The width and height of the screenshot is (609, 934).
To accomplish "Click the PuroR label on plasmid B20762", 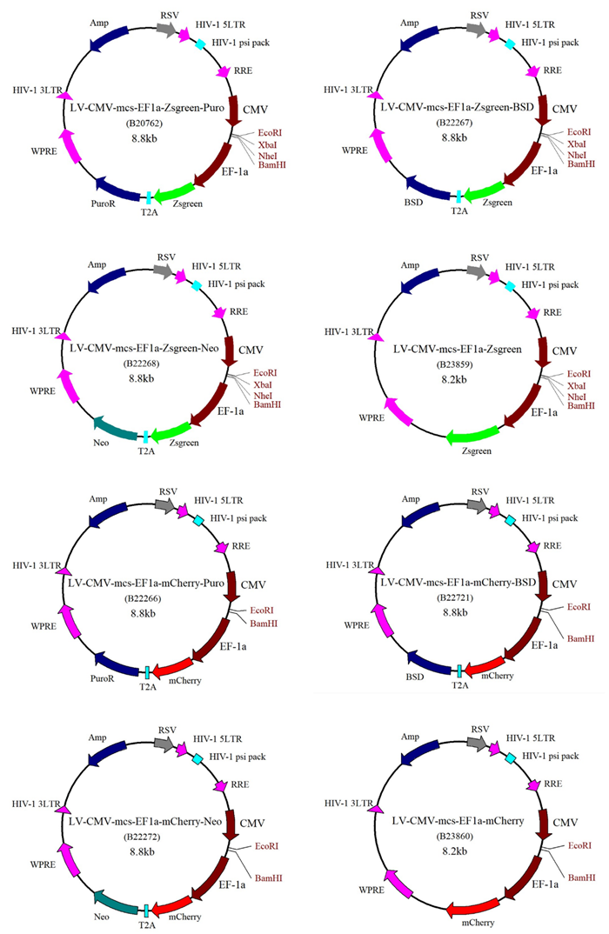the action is point(103,203).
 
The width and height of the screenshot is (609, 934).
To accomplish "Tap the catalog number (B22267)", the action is point(454,123).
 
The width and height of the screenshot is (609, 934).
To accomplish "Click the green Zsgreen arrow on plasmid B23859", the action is point(472,436).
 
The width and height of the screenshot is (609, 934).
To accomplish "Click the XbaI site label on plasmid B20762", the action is point(268,144).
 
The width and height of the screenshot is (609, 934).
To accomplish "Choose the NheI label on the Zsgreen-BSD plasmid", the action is point(577,155).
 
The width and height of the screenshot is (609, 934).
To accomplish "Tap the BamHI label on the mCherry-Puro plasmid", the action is point(264,624).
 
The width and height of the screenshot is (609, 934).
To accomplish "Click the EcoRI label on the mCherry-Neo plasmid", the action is point(267,846).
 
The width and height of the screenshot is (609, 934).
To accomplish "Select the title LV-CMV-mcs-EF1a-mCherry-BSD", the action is point(458,582).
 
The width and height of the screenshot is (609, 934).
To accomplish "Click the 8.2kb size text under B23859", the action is point(454,379).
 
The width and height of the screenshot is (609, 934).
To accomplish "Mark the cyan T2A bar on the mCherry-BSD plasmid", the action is point(459,671).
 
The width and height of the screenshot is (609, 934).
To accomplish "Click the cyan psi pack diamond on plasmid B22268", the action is point(196,286).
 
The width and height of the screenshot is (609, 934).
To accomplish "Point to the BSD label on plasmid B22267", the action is point(413,202).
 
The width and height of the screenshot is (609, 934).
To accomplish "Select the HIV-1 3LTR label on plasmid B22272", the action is point(36,804).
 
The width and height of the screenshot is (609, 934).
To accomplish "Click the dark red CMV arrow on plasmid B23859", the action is point(542,351).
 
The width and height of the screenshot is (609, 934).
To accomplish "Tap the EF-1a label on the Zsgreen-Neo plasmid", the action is point(231,411).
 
